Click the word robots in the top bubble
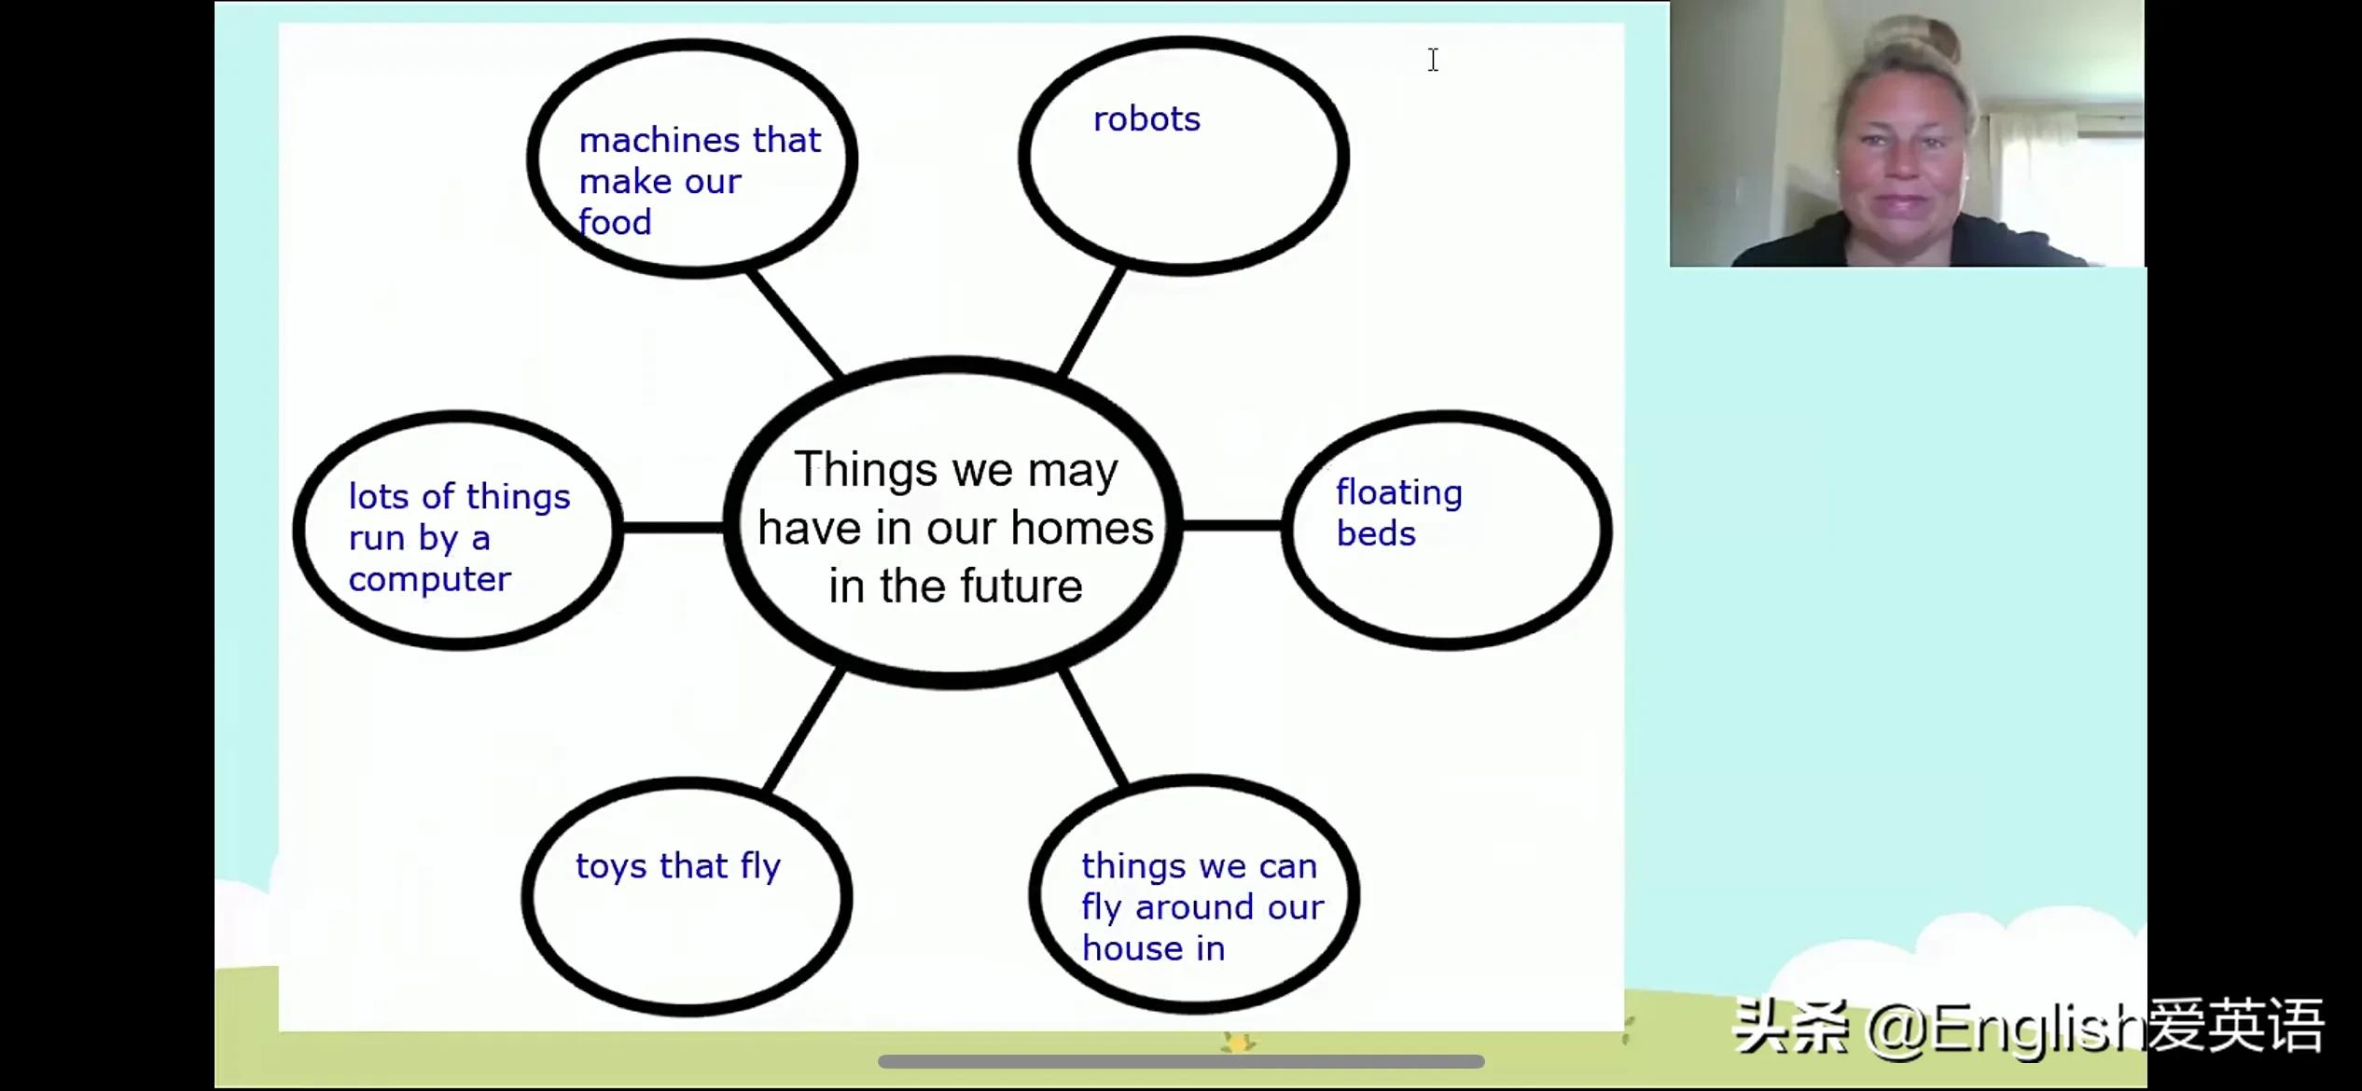pos(1146,119)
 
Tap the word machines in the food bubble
pos(660,140)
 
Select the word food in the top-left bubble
pos(615,222)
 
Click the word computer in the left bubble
pos(430,580)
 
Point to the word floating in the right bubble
pos(1399,493)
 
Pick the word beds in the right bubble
pos(1376,533)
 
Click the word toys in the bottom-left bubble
pos(611,866)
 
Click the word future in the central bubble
pos(1021,587)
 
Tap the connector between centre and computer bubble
pos(674,528)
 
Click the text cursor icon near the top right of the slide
pos(1433,60)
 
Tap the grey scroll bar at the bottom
pos(1181,1061)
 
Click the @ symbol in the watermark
pos(1897,1029)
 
